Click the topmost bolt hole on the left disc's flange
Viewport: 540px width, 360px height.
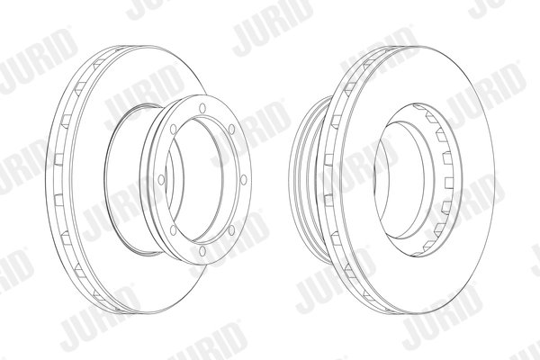pyautogui.click(x=202, y=108)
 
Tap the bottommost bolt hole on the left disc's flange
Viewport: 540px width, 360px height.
pyautogui.click(x=202, y=251)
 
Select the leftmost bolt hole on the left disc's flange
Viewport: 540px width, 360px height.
pyautogui.click(x=161, y=179)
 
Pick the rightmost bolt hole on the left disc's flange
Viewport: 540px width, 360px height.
pyautogui.click(x=244, y=179)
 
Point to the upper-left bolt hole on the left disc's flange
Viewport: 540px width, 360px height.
pyautogui.click(x=173, y=130)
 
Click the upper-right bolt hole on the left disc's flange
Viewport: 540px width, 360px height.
pyautogui.click(x=232, y=130)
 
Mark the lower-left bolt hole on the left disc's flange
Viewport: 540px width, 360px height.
pyautogui.click(x=173, y=230)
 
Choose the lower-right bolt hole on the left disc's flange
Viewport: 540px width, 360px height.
pyautogui.click(x=232, y=229)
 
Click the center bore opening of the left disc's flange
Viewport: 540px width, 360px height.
pyautogui.click(x=196, y=179)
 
